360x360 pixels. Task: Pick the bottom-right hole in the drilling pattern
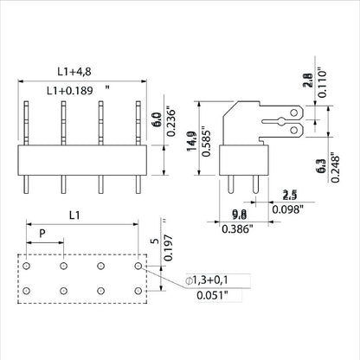tap(138, 291)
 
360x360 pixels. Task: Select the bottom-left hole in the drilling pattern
tap(28, 291)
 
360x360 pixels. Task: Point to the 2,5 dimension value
tap(292, 195)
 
